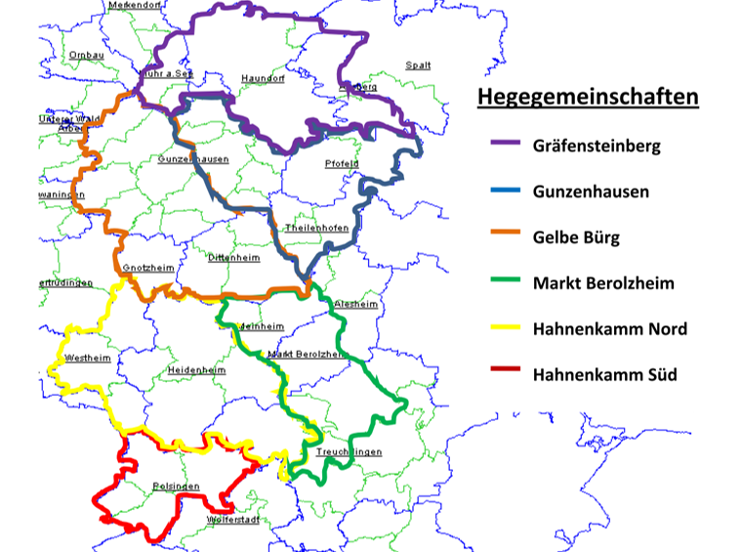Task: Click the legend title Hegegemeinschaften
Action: click(588, 97)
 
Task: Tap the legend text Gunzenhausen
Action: click(591, 191)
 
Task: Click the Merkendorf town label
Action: click(134, 5)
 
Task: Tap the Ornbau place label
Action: click(86, 55)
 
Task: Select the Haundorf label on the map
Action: click(262, 78)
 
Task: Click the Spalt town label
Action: click(418, 65)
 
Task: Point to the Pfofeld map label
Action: click(343, 163)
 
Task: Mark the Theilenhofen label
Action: click(316, 228)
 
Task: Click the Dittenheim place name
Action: click(234, 258)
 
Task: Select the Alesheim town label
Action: click(355, 304)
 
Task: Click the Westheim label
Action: click(88, 358)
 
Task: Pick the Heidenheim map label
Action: click(197, 371)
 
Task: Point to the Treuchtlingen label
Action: click(349, 452)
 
